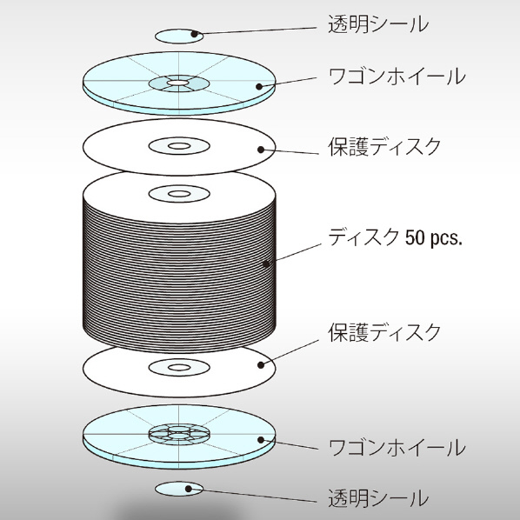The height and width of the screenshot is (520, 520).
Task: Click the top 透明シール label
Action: pyautogui.click(x=378, y=24)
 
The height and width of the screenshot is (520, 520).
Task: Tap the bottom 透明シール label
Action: pyautogui.click(x=378, y=497)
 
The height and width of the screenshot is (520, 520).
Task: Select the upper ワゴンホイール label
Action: pyautogui.click(x=397, y=77)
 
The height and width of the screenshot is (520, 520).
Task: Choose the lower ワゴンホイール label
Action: pyautogui.click(x=397, y=447)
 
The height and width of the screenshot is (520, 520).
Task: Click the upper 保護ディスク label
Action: pyautogui.click(x=384, y=147)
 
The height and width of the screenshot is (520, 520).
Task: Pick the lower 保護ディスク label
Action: pyautogui.click(x=384, y=332)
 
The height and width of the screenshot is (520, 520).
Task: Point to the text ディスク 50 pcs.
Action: pyautogui.click(x=395, y=237)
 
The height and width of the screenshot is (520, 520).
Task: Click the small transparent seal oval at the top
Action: pyautogui.click(x=179, y=37)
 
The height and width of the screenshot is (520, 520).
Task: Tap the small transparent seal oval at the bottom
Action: pyautogui.click(x=179, y=489)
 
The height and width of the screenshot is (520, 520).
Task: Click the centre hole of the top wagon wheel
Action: pyautogui.click(x=178, y=83)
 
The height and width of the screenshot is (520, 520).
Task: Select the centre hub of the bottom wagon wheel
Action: pyautogui.click(x=179, y=433)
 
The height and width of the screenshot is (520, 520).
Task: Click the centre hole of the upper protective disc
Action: pyautogui.click(x=179, y=146)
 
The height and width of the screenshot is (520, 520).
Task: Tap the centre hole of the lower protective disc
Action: pyautogui.click(x=179, y=368)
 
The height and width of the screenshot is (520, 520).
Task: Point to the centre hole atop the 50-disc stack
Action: pyautogui.click(x=179, y=194)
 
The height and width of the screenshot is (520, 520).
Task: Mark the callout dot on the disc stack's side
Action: pyautogui.click(x=266, y=264)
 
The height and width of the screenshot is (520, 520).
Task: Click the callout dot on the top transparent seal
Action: pyautogui.click(x=195, y=34)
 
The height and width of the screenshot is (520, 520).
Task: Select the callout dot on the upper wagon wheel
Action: pyautogui.click(x=259, y=87)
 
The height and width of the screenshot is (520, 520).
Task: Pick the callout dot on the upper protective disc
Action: pyautogui.click(x=261, y=150)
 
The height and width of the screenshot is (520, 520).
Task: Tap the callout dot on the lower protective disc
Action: pyautogui.click(x=261, y=365)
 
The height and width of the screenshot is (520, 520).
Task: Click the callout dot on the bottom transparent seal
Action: pyautogui.click(x=189, y=489)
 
